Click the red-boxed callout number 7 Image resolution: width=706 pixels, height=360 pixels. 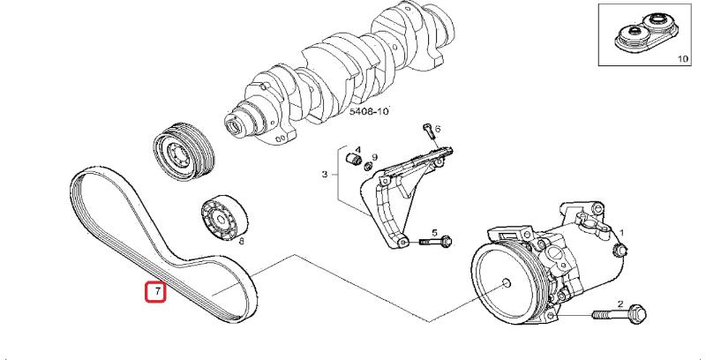click(x=155, y=290)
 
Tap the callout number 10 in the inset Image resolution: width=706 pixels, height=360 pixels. click(x=682, y=58)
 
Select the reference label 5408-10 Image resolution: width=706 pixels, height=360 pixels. click(x=369, y=112)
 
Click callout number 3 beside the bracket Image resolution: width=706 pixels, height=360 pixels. click(x=324, y=175)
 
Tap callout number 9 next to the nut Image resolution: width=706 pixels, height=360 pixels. click(x=375, y=157)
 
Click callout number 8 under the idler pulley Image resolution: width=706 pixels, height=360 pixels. click(x=241, y=240)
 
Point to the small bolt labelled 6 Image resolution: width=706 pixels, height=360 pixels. click(x=427, y=134)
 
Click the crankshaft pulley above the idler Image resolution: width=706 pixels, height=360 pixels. click(x=178, y=153)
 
